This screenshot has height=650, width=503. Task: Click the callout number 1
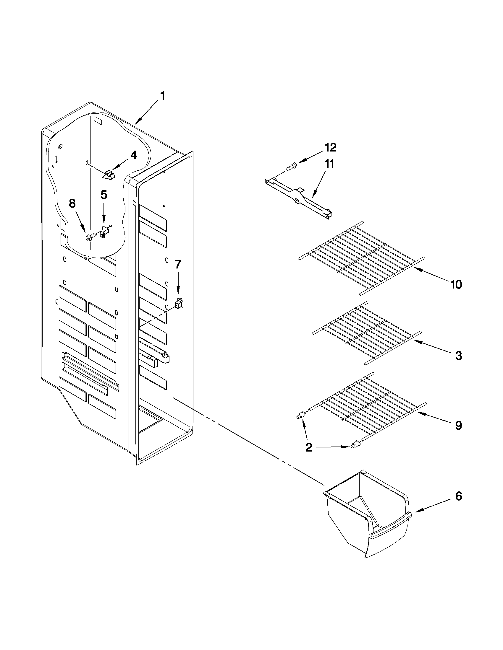pyautogui.click(x=162, y=97)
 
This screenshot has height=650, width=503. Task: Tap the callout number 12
pyautogui.click(x=330, y=147)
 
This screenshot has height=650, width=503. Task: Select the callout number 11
pyautogui.click(x=329, y=164)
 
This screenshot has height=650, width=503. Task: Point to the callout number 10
pyautogui.click(x=456, y=284)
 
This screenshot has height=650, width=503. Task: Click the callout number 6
pyautogui.click(x=459, y=496)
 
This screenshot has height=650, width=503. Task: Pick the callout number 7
pyautogui.click(x=178, y=264)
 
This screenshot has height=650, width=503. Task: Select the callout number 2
pyautogui.click(x=309, y=447)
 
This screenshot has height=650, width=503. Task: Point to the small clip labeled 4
pyautogui.click(x=109, y=175)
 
